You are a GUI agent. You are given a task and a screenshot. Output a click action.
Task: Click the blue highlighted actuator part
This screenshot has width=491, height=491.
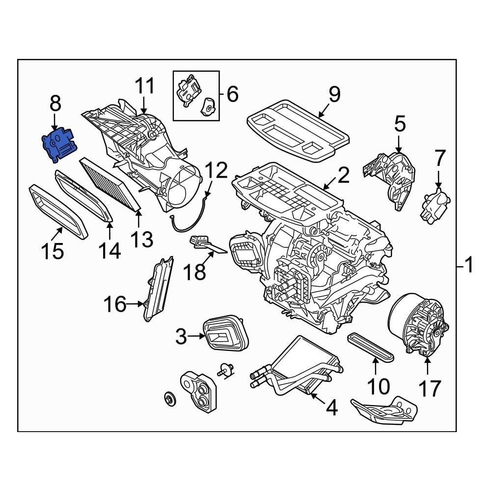coord(58,144)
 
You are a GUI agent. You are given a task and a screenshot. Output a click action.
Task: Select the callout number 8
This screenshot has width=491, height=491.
coord(55,104)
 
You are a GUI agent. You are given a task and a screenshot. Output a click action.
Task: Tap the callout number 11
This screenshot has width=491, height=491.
coord(144,86)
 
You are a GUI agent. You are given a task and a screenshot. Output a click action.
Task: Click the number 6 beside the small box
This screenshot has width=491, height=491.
coord(232,93)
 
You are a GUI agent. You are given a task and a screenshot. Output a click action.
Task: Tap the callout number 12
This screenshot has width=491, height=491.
coord(216,170)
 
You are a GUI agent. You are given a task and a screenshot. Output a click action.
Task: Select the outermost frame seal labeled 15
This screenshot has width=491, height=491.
coord(58,211)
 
